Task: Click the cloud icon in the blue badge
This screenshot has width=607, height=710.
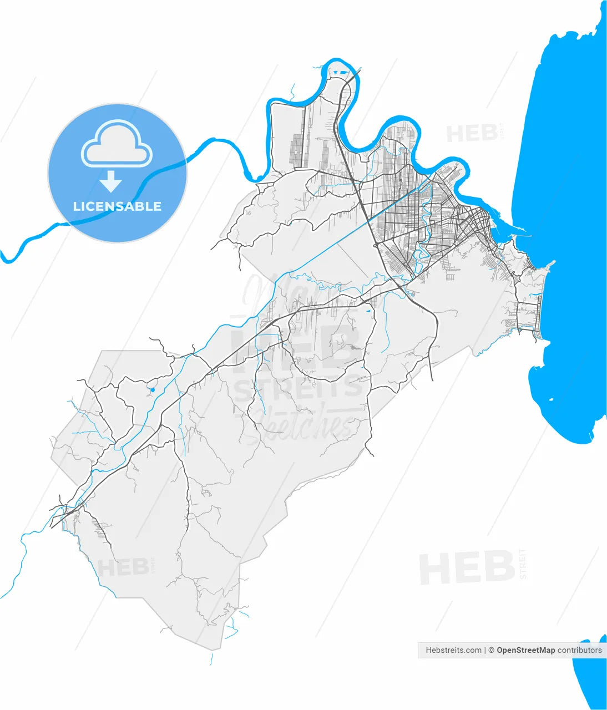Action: coord(117,144)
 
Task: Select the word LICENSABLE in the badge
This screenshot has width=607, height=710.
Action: coord(117,206)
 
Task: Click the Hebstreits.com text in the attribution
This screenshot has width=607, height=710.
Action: coord(453,650)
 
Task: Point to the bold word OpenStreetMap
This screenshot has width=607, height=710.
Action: coord(525,650)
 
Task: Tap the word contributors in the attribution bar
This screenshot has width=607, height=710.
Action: coord(579,650)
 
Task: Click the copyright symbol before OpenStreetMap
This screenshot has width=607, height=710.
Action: coord(492,650)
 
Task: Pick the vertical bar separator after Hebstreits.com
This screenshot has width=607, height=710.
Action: coord(485,650)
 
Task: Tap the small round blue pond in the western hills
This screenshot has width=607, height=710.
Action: coord(152,389)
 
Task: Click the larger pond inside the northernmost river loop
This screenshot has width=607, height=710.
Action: coord(340,73)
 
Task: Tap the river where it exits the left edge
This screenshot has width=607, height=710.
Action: coord(4,256)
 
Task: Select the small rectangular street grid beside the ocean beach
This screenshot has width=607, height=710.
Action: coord(528,316)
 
